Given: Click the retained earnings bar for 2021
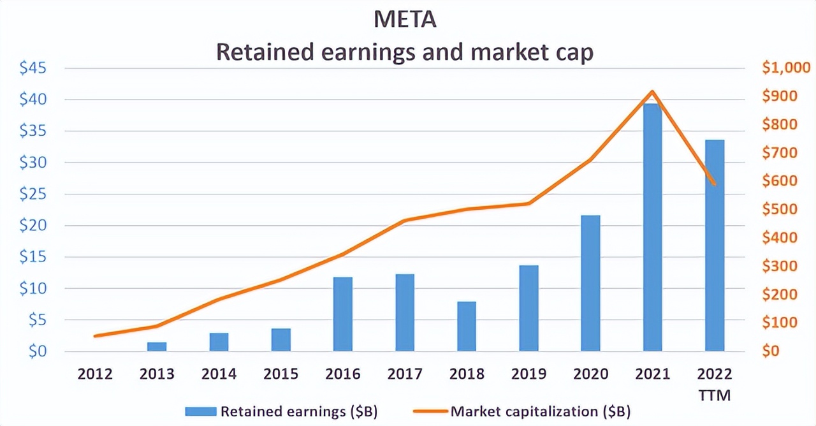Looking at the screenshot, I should click(652, 227).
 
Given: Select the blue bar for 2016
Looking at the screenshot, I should click(343, 314).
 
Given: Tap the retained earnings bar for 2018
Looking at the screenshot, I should click(467, 326).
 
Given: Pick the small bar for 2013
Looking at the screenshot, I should click(157, 346).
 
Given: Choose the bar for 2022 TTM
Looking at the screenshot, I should click(715, 245).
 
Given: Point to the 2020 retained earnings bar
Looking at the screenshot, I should click(590, 283).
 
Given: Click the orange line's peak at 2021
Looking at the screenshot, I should click(652, 92).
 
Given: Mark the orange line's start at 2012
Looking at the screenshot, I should click(95, 335).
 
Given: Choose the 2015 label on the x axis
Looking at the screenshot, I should click(281, 374).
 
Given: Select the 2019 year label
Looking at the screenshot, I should click(528, 374).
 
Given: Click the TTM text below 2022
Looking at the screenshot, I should click(715, 396).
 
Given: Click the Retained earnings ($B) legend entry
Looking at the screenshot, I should click(280, 411).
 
